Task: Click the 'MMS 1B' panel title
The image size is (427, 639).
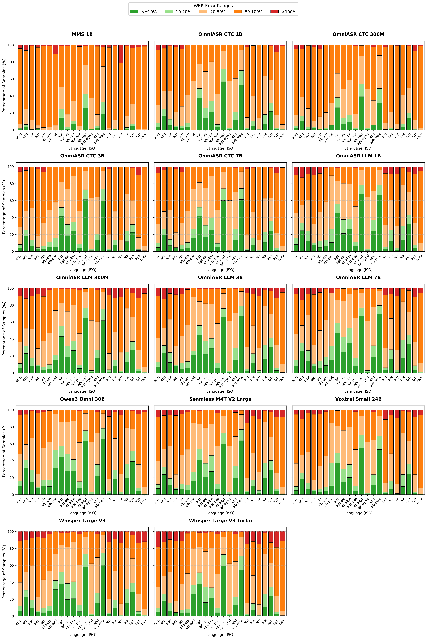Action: click(x=82, y=34)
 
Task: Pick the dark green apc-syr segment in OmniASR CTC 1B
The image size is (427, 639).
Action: click(x=223, y=106)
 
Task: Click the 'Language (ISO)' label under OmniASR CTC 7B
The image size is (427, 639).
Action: click(x=220, y=270)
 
